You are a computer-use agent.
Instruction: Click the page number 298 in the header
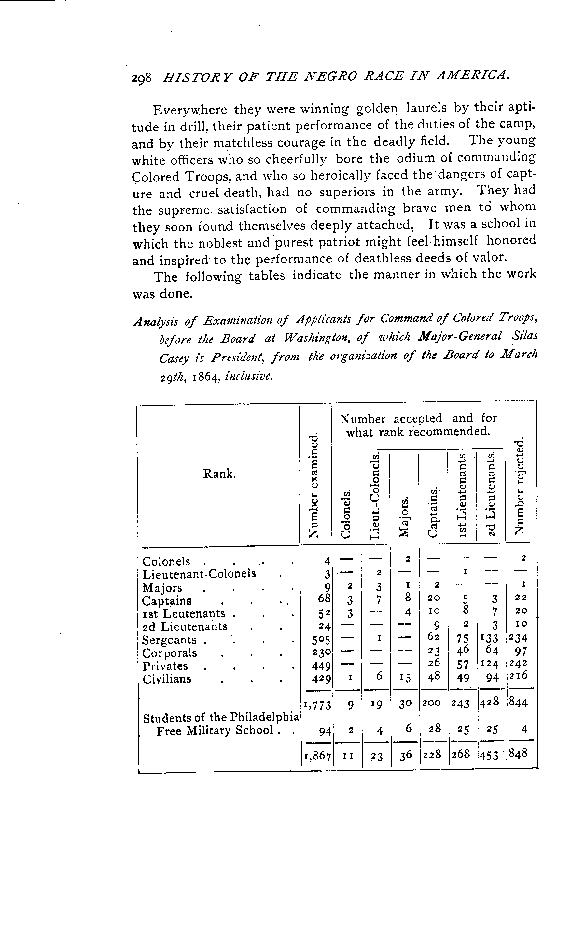141,78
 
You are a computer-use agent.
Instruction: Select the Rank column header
219,474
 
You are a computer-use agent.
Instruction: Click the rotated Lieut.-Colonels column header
375,495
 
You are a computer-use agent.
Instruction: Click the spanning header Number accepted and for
418,419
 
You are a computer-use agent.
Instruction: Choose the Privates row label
165,666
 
